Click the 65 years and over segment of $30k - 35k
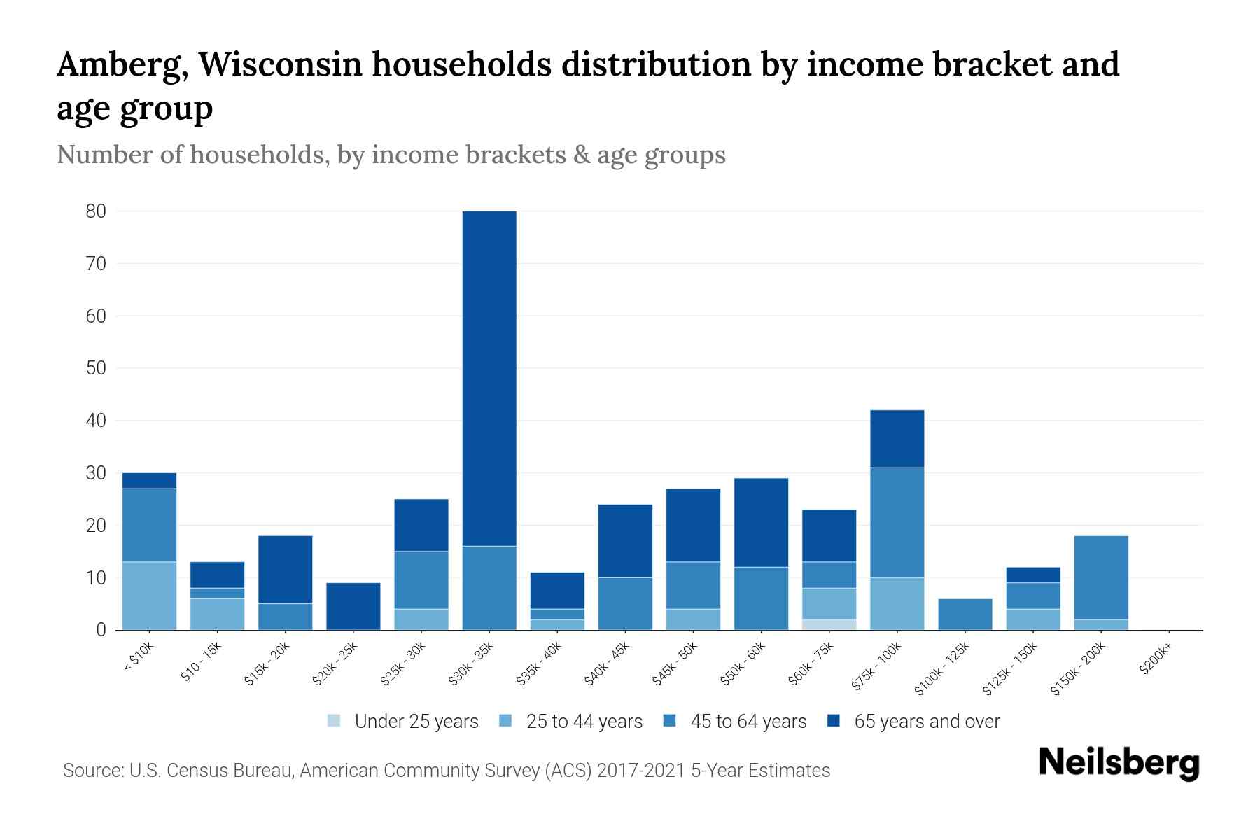tap(489, 378)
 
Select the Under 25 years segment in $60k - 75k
tap(829, 624)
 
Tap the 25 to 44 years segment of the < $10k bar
tap(149, 596)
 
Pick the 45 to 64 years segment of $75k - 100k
tap(897, 522)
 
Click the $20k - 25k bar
tap(353, 606)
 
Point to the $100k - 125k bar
tap(965, 615)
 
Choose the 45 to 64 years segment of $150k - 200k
tap(1101, 577)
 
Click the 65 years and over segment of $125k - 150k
tap(1032, 575)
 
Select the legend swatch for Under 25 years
tap(335, 721)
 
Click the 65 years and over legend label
tap(927, 721)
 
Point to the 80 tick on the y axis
tap(96, 211)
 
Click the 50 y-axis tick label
tap(96, 368)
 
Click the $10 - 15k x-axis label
tap(201, 662)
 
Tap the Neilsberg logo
tap(1119, 763)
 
